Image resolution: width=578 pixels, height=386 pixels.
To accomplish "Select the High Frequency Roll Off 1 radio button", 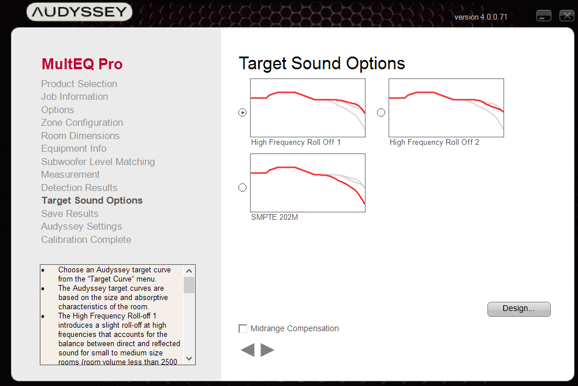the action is [242, 113].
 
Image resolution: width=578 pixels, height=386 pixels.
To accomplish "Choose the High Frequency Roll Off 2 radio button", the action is [381, 113].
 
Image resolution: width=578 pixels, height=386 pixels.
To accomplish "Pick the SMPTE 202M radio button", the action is [242, 188].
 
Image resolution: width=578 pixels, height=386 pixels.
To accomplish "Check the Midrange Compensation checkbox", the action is [243, 328].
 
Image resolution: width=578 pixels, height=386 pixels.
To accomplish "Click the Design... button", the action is [519, 309].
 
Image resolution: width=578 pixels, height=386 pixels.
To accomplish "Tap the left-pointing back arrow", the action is [248, 350].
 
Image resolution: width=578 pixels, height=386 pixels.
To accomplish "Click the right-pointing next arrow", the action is [267, 350].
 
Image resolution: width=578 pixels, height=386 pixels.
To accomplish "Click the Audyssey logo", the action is [79, 12].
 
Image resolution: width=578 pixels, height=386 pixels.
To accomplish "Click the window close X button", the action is [566, 16].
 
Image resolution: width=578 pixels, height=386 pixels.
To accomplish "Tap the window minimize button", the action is [544, 16].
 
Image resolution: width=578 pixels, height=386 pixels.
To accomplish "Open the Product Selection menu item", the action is [79, 84].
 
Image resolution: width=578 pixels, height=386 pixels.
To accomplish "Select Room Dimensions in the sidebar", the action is [80, 136].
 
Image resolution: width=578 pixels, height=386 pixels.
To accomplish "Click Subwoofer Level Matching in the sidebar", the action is [98, 162].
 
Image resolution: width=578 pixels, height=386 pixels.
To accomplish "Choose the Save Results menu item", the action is [70, 213].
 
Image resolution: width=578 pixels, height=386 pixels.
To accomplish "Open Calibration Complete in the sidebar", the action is [86, 240].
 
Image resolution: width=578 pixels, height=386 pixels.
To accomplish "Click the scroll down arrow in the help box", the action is [189, 358].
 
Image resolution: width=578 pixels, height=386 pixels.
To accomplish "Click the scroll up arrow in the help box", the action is [189, 271].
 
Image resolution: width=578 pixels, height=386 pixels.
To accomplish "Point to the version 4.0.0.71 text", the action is [480, 17].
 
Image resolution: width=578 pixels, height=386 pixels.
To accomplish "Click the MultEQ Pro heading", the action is [82, 64].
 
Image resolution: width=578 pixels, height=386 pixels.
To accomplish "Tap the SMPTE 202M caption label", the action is [275, 218].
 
